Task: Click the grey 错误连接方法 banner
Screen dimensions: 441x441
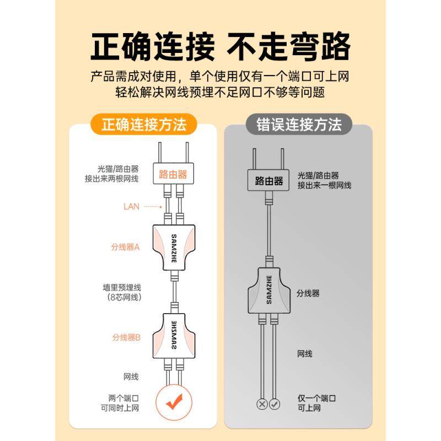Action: tap(299, 125)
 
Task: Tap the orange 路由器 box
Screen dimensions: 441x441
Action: tap(173, 174)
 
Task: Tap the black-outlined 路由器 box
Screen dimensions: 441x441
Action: tap(269, 180)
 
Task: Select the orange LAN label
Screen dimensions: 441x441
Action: tap(132, 206)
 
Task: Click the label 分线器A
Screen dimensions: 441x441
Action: tap(126, 247)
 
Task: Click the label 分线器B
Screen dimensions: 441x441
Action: tap(126, 337)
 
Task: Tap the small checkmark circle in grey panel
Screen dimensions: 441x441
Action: tap(275, 404)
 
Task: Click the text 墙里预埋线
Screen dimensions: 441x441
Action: tap(122, 288)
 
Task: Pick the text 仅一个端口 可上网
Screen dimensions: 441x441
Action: tap(317, 402)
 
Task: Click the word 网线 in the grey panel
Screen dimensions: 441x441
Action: tap(305, 353)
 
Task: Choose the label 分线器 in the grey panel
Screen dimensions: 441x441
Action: tap(308, 293)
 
